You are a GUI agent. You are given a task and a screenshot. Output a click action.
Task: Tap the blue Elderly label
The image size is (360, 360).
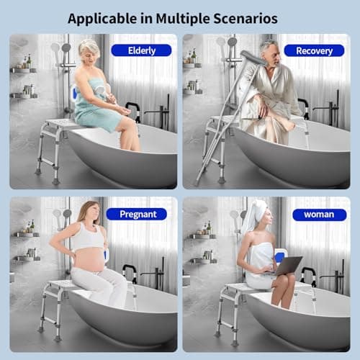141,50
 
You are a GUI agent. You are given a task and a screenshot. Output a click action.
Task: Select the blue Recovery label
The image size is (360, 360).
313,50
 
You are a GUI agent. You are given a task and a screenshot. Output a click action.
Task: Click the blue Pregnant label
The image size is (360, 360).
136,214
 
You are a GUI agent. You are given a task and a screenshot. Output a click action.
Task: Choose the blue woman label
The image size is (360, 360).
313,215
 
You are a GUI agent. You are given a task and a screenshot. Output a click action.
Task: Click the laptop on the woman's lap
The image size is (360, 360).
286,266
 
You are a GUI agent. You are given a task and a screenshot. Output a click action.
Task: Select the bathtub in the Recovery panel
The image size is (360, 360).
302,155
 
